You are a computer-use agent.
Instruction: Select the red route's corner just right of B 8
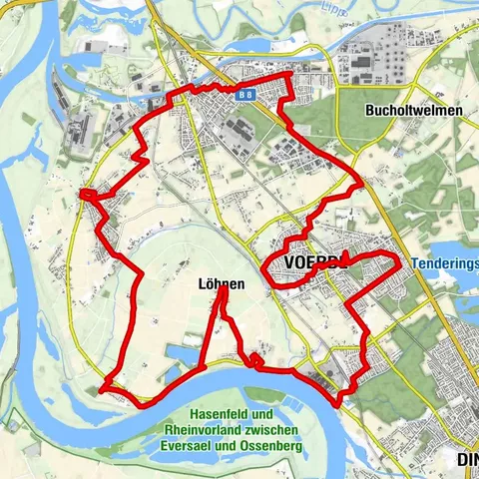[290, 76]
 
